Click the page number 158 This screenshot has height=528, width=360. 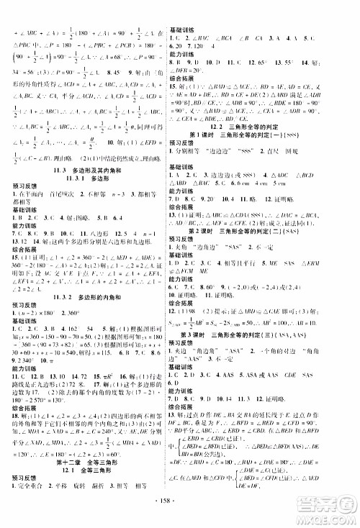pyautogui.click(x=180, y=516)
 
